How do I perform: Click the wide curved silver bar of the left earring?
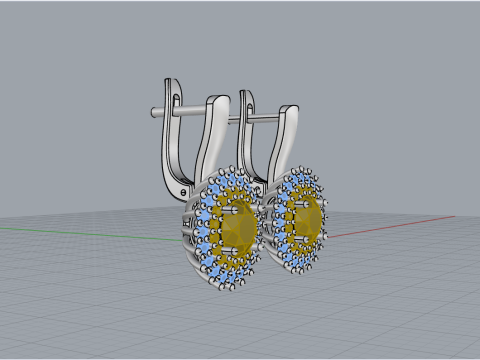[210, 140]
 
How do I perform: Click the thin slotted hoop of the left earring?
[171, 140]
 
